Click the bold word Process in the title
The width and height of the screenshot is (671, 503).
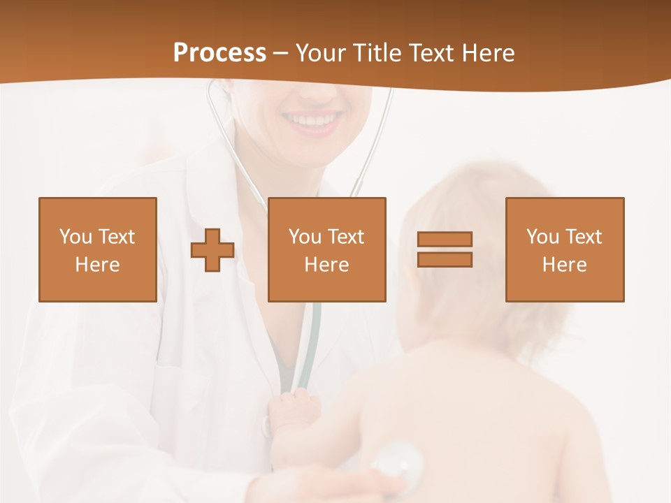[219, 53]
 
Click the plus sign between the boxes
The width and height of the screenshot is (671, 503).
[212, 249]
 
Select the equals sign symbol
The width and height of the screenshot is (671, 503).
[445, 249]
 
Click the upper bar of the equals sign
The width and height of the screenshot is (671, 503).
[445, 240]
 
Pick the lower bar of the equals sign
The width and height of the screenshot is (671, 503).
[445, 259]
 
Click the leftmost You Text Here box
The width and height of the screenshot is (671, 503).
[98, 249]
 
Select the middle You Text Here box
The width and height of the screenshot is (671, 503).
[327, 249]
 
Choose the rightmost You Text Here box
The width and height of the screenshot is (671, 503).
[565, 249]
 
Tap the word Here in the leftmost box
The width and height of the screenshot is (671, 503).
[98, 265]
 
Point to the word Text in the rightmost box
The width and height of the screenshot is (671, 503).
[583, 237]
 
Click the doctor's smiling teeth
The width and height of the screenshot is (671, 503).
[313, 121]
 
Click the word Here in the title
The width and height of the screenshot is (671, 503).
[489, 53]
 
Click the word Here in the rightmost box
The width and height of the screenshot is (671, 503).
[565, 265]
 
